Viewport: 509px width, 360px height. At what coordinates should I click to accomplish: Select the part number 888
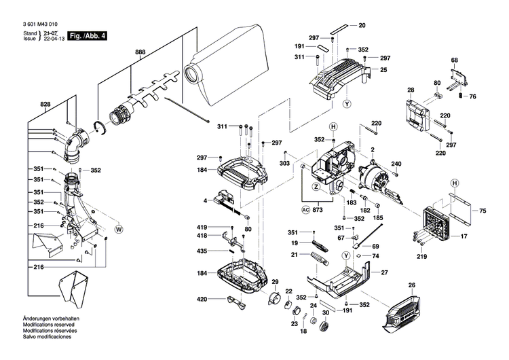(140, 52)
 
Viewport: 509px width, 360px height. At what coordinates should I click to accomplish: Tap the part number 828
(45, 105)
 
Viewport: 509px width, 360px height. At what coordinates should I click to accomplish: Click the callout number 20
(362, 25)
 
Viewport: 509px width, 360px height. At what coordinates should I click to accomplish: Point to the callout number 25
(383, 70)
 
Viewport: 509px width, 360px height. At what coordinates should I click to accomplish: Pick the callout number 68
(455, 60)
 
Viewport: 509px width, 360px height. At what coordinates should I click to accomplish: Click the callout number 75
(483, 212)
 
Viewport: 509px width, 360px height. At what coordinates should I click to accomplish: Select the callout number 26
(411, 285)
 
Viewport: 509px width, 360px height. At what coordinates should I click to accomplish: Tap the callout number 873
(318, 209)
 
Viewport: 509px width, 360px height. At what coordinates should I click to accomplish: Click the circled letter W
(119, 229)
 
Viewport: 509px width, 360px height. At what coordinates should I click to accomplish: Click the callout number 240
(396, 164)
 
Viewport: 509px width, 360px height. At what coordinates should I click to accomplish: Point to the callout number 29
(275, 282)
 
